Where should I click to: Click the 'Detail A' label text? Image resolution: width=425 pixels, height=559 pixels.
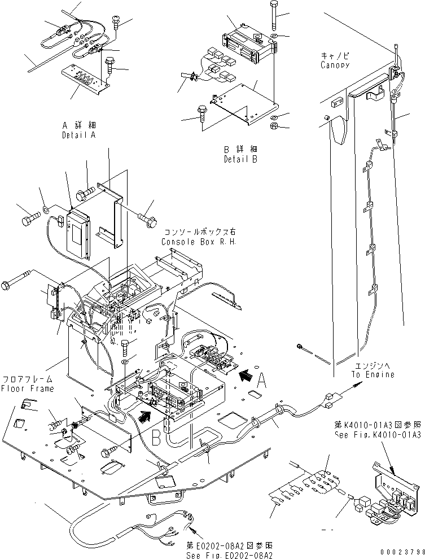click(x=78, y=136)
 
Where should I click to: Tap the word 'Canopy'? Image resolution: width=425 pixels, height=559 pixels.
click(x=335, y=65)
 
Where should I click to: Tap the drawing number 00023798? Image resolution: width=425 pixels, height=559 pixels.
click(x=400, y=552)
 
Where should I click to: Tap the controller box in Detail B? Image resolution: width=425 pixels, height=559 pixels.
click(x=248, y=43)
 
